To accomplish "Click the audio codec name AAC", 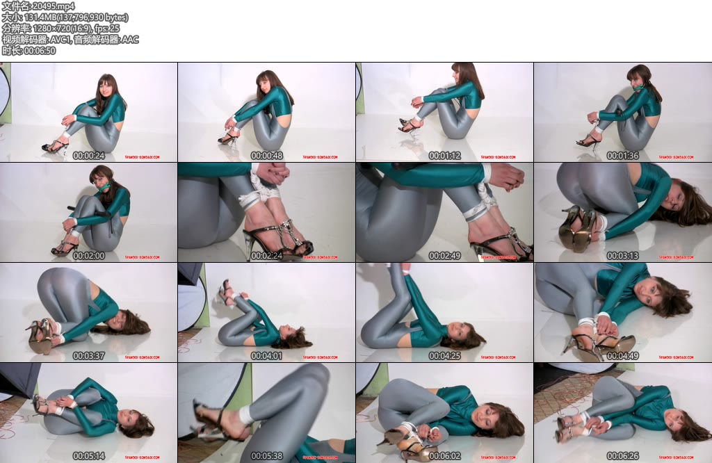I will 131,40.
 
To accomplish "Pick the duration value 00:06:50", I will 40,51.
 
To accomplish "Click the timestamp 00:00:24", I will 89,156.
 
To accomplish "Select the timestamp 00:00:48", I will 267,156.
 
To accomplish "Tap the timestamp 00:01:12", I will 445,156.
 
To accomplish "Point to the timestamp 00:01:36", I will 623,156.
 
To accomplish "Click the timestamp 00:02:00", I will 89,256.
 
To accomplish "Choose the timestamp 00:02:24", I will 267,256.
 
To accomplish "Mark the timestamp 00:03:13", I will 623,256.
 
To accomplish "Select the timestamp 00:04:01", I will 267,356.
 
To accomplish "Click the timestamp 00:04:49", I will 623,356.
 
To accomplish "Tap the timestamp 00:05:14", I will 89,456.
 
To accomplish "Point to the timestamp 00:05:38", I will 267,456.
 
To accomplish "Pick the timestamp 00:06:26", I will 623,456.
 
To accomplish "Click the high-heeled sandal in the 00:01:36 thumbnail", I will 588,142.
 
